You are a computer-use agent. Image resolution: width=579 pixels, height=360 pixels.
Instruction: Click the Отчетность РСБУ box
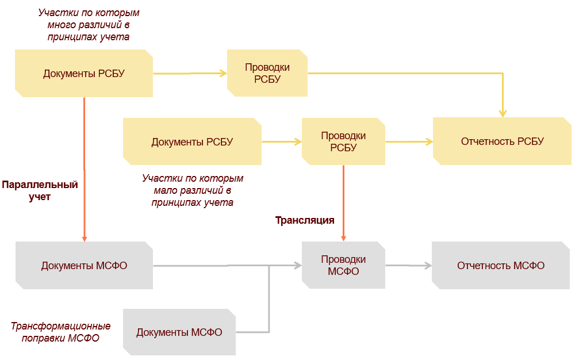point(502,141)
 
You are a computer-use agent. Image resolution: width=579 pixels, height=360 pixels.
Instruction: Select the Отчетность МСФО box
point(501,266)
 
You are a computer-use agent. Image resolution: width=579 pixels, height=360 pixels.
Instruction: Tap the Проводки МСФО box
point(343,265)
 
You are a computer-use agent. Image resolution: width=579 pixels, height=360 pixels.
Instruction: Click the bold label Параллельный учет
point(40,190)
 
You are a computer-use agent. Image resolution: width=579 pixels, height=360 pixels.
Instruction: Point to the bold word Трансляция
point(305,220)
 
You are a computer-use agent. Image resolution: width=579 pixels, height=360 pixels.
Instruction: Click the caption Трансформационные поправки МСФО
point(60,332)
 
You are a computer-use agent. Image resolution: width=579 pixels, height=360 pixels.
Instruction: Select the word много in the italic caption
point(60,25)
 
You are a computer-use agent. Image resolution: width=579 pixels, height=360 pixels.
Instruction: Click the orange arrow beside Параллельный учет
point(84,170)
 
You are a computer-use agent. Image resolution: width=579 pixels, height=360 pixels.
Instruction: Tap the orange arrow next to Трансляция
point(343,203)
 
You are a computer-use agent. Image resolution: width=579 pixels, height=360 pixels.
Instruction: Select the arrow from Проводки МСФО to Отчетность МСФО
point(408,266)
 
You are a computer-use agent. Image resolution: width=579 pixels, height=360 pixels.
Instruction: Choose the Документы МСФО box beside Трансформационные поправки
point(179,332)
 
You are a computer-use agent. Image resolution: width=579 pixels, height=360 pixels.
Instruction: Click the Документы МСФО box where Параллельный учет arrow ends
point(84,266)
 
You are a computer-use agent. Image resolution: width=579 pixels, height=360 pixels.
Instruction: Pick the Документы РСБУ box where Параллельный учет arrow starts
point(84,73)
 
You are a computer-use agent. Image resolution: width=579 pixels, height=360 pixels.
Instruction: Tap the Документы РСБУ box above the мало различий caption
point(192,141)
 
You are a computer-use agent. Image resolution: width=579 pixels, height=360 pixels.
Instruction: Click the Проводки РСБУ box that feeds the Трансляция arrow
point(343,141)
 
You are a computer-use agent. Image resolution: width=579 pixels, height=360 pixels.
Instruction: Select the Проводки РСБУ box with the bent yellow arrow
point(267,73)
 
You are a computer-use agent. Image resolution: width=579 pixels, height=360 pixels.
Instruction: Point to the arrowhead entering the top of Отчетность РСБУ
point(503,113)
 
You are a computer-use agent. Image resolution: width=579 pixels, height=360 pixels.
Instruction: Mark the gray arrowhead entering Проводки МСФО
point(298,266)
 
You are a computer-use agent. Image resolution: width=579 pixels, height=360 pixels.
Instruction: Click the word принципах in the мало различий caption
point(174,202)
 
